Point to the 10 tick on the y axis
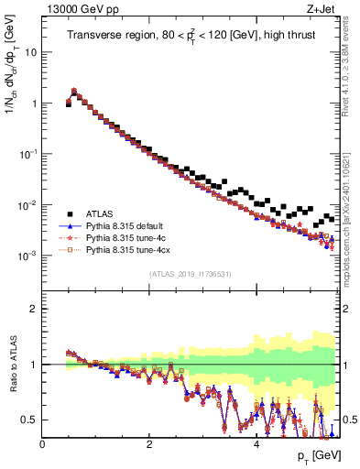pos(32,52)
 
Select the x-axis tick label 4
pos(256,445)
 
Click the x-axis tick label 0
pos(42,445)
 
